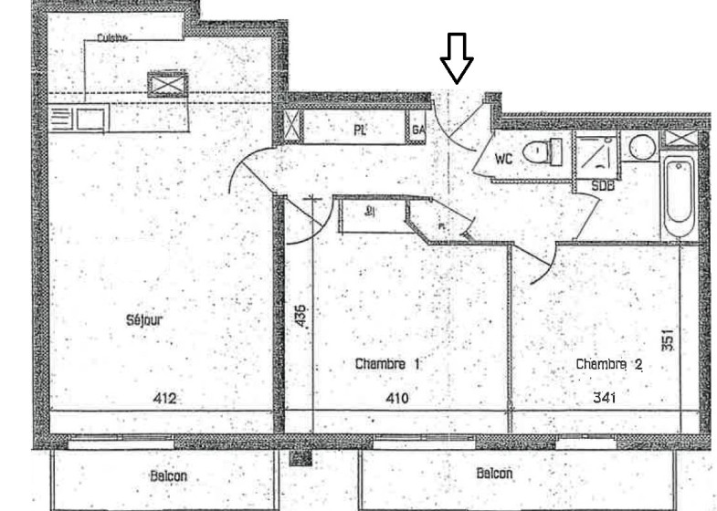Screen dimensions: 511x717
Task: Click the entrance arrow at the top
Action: [x=457, y=57]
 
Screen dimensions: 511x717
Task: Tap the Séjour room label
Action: [x=144, y=320]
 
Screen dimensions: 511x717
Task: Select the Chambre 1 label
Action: [x=387, y=363]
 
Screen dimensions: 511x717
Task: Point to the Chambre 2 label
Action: [x=609, y=363]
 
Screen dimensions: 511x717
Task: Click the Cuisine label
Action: [x=112, y=37]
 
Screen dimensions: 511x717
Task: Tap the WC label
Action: [x=503, y=158]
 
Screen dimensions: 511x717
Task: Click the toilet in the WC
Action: [x=544, y=151]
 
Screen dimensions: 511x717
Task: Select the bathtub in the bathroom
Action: [x=679, y=196]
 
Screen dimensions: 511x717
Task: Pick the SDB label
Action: [x=602, y=185]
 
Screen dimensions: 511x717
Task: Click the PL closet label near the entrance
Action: [x=360, y=130]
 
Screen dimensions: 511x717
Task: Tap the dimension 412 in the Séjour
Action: [x=163, y=398]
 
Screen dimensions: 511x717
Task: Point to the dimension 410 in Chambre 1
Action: [x=397, y=398]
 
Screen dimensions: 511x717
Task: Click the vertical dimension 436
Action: [x=301, y=317]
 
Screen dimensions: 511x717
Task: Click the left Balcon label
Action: [x=169, y=475]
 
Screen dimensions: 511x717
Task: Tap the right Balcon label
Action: [x=494, y=474]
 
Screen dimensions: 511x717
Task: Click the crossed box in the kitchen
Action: [x=167, y=84]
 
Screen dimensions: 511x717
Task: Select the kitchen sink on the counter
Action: [x=90, y=119]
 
